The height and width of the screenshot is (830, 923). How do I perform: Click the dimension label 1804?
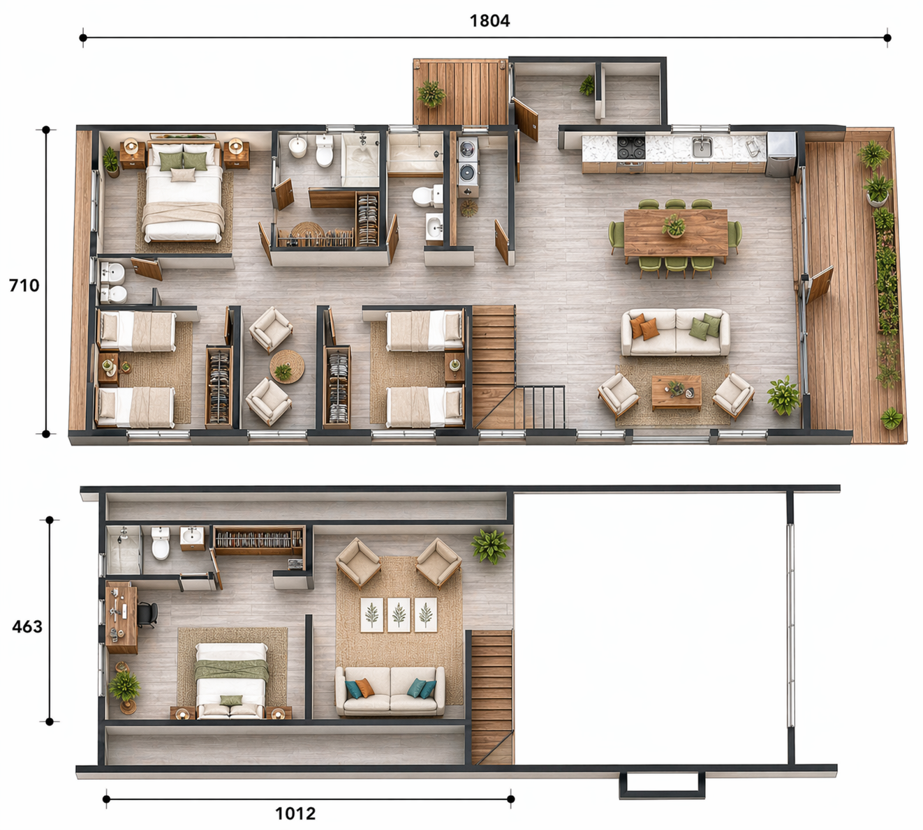[x=489, y=21]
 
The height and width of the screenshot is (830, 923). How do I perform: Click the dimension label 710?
[x=24, y=285]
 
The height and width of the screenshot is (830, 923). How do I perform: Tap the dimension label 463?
[x=27, y=627]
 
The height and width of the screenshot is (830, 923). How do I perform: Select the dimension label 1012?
[x=295, y=814]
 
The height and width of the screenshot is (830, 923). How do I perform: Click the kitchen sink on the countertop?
[x=702, y=147]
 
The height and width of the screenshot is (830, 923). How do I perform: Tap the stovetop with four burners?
[x=631, y=148]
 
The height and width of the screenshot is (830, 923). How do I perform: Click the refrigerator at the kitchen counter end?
[x=781, y=155]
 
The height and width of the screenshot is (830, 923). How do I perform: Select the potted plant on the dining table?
[x=674, y=226]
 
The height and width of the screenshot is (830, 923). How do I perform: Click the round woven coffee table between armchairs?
[x=287, y=366]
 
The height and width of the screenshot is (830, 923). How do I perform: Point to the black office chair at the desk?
[x=147, y=614]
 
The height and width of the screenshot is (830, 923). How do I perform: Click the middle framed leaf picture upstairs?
[x=399, y=614]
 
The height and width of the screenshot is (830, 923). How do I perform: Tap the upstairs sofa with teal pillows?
[x=390, y=691]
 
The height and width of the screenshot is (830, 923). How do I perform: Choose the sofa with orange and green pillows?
[x=675, y=332]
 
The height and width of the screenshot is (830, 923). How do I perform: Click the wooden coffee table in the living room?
[x=677, y=392]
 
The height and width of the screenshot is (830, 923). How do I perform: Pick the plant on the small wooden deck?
[x=431, y=93]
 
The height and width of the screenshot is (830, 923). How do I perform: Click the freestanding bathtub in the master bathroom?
[x=360, y=160]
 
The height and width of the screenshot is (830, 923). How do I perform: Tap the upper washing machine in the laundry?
[x=468, y=149]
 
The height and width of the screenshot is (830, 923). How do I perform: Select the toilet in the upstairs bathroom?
[x=161, y=543]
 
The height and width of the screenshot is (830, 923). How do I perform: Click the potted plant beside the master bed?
[x=111, y=162]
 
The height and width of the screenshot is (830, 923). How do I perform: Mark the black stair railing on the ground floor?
[x=543, y=407]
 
